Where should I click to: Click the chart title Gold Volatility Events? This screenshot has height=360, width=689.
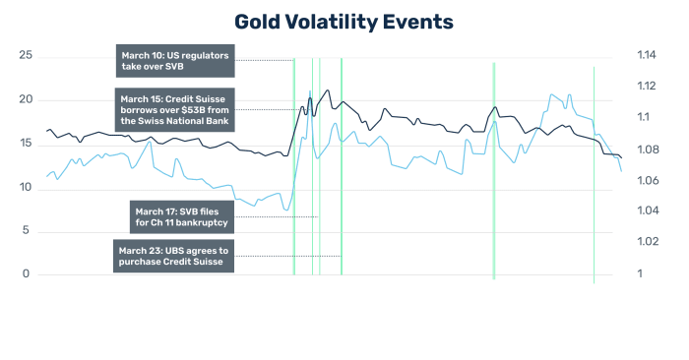tap(344, 21)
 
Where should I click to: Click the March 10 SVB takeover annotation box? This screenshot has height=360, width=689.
tap(173, 61)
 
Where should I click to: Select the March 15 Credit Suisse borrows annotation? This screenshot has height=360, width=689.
tap(173, 109)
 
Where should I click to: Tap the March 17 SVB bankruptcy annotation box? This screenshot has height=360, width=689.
tap(182, 216)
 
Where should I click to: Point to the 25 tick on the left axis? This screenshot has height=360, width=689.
tap(26, 56)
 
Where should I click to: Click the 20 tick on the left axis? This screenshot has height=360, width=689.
tap(26, 100)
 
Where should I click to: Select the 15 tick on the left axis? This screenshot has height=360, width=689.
tap(26, 144)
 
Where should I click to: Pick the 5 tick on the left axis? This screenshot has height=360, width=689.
tap(28, 231)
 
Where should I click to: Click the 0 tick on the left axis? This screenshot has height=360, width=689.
tap(28, 274)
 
